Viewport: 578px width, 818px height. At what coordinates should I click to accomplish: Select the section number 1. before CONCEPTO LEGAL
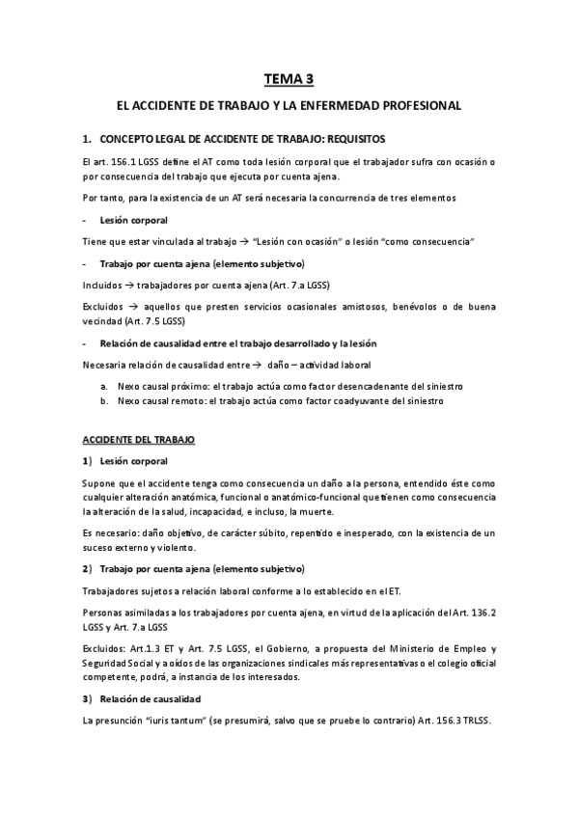[x=87, y=138]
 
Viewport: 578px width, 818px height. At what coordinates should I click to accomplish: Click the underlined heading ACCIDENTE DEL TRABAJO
[x=138, y=439]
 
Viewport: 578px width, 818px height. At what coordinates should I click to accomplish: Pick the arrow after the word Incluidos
[x=130, y=285]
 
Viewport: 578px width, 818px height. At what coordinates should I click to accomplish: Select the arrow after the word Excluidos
[x=135, y=306]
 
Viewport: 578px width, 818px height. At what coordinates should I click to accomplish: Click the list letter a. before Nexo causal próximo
[x=103, y=386]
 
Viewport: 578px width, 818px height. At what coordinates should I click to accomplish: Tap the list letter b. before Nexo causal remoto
[x=103, y=401]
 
